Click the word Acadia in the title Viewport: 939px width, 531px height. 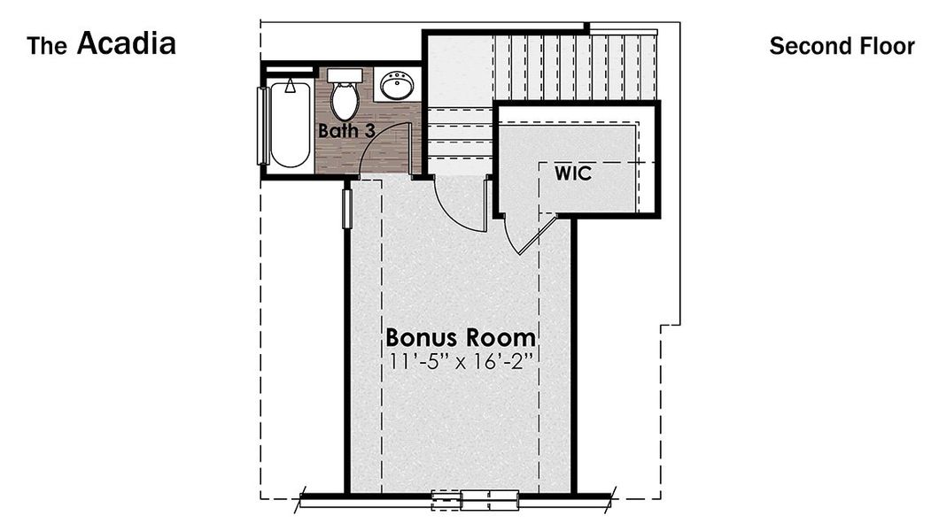[126, 43]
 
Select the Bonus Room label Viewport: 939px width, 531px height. [461, 337]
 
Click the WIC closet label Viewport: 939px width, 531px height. [573, 173]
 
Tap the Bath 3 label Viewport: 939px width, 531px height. [346, 131]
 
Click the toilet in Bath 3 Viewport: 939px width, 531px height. [345, 98]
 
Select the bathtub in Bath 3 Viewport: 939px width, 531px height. [290, 125]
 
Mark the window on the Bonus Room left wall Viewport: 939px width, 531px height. [347, 206]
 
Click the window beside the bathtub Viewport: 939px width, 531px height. [261, 125]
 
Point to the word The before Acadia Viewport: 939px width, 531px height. [46, 46]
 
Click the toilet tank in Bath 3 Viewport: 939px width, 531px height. [345, 75]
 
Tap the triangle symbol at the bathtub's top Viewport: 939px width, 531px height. [290, 88]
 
